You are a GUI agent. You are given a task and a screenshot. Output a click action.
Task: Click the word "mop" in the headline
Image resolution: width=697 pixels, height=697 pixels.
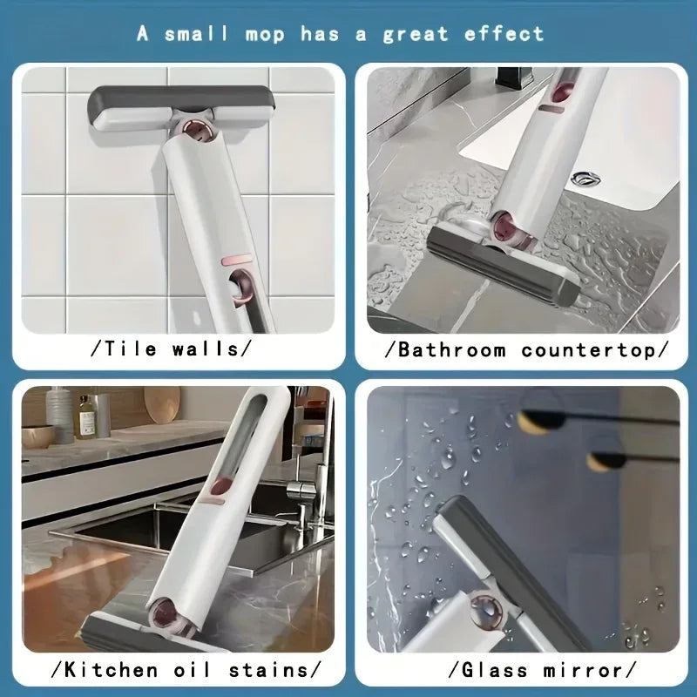click(x=264, y=34)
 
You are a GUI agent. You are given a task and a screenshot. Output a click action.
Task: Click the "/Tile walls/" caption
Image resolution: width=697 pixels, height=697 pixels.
click(x=171, y=349)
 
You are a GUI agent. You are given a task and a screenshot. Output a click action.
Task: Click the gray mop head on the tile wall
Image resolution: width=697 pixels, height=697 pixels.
click(x=180, y=105)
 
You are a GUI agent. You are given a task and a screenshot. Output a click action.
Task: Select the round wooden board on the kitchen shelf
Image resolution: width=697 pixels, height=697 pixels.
click(x=162, y=405)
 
